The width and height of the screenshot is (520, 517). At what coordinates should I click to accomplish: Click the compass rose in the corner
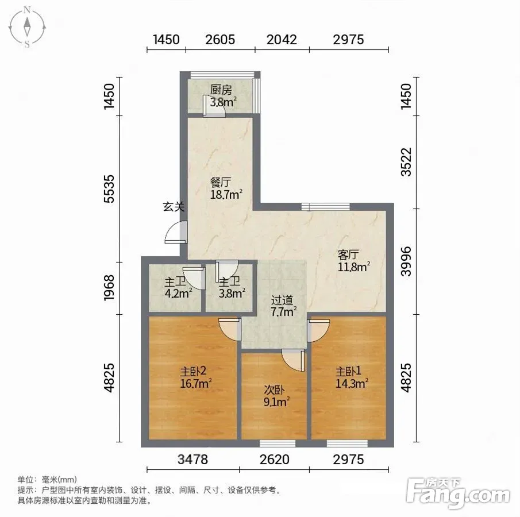27,27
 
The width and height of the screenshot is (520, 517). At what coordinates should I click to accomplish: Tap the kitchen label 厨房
221,90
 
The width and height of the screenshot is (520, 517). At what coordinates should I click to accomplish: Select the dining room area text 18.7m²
226,194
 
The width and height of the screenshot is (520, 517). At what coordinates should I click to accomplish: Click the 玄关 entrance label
174,207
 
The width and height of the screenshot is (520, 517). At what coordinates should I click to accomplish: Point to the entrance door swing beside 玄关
176,233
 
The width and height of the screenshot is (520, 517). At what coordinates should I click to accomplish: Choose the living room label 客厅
348,254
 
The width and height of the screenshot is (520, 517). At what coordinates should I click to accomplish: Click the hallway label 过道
282,300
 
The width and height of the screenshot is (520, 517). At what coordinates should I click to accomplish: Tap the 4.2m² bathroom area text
179,294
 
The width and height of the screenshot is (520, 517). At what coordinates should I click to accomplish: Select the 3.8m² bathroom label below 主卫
232,294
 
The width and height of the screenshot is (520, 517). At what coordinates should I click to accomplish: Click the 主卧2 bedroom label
193,371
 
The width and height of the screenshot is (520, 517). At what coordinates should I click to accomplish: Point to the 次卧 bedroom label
274,389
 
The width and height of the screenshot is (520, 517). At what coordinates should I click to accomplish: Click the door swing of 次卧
293,360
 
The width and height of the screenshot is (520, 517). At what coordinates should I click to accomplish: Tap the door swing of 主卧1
319,330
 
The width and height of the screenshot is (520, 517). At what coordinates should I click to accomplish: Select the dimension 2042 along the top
282,40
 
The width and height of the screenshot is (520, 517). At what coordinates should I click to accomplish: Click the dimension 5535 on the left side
109,188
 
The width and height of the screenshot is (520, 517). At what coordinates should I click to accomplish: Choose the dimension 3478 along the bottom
192,460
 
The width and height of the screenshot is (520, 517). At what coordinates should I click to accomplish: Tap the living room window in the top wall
326,207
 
